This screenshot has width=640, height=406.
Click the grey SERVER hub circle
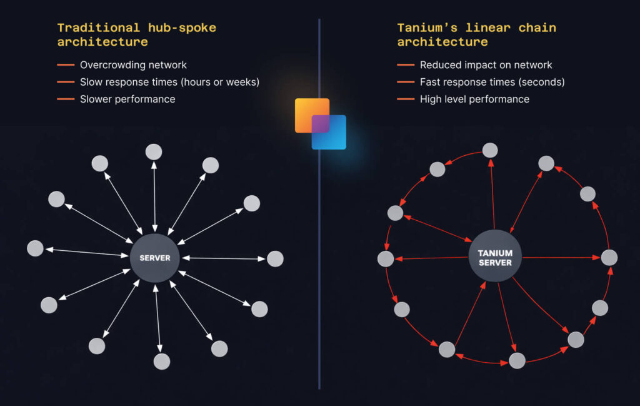coord(154,258)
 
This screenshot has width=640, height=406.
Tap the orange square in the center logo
coord(311,115)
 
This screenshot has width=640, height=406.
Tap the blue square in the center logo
coord(329,133)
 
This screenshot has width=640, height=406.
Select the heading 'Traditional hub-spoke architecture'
coord(136,35)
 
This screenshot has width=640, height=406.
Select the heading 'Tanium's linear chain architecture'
coord(476,35)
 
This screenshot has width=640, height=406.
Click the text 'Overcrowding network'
coord(133,65)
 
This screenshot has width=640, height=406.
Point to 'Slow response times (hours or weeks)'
coord(169,82)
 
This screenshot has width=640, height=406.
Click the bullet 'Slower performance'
coord(127,99)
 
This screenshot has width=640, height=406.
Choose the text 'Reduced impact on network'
coord(486,65)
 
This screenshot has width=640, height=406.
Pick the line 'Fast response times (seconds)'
coord(492,82)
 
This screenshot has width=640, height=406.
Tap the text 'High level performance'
coord(474,99)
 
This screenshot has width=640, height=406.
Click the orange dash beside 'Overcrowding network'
coord(66,65)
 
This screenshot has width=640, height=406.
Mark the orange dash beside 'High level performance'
coord(406,99)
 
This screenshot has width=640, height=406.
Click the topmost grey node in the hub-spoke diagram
coord(154,152)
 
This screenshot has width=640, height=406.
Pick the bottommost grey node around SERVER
coord(162,362)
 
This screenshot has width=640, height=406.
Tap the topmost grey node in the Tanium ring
coord(490,150)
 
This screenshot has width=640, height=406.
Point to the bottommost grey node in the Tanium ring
coord(517,360)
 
